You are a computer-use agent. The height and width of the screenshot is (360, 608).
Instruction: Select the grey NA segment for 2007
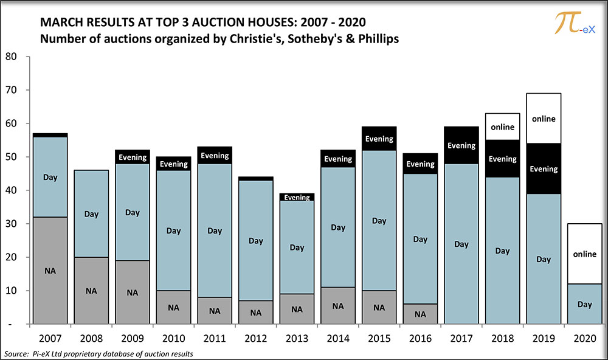tap(50, 271)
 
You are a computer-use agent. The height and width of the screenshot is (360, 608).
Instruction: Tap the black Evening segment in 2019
tap(544, 170)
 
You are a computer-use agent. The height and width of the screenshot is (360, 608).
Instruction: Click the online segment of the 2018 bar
tap(502, 126)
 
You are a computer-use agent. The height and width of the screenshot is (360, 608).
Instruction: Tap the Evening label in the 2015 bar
tap(379, 139)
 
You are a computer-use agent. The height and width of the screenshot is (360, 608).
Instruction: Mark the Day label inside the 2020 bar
tap(584, 304)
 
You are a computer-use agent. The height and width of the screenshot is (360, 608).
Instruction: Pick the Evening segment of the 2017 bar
tap(461, 145)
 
